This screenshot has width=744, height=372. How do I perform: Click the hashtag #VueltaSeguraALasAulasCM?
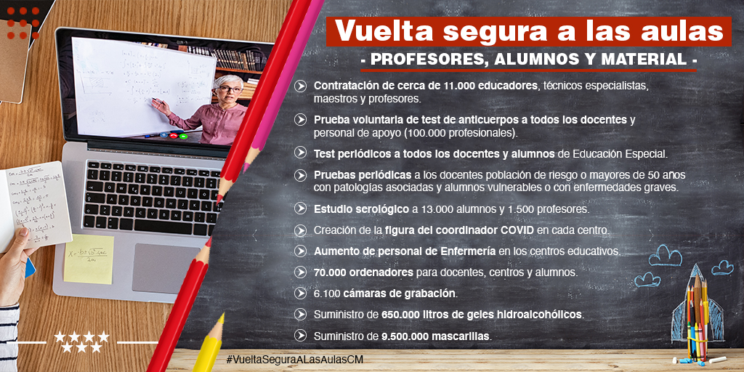pyautogui.click(x=295, y=359)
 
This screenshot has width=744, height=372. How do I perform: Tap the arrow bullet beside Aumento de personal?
pyautogui.click(x=300, y=251)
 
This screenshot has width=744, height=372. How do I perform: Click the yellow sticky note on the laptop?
pyautogui.click(x=89, y=259)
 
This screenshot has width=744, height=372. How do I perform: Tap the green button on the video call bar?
pyautogui.click(x=183, y=136)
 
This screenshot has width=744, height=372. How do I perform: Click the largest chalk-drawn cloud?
pyautogui.click(x=666, y=255)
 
